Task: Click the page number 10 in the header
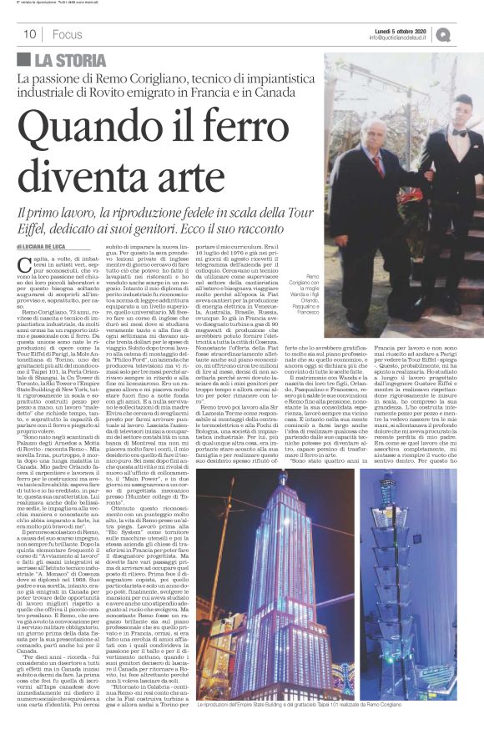pyautogui.click(x=28, y=34)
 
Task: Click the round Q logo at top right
pyautogui.click(x=466, y=34)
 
